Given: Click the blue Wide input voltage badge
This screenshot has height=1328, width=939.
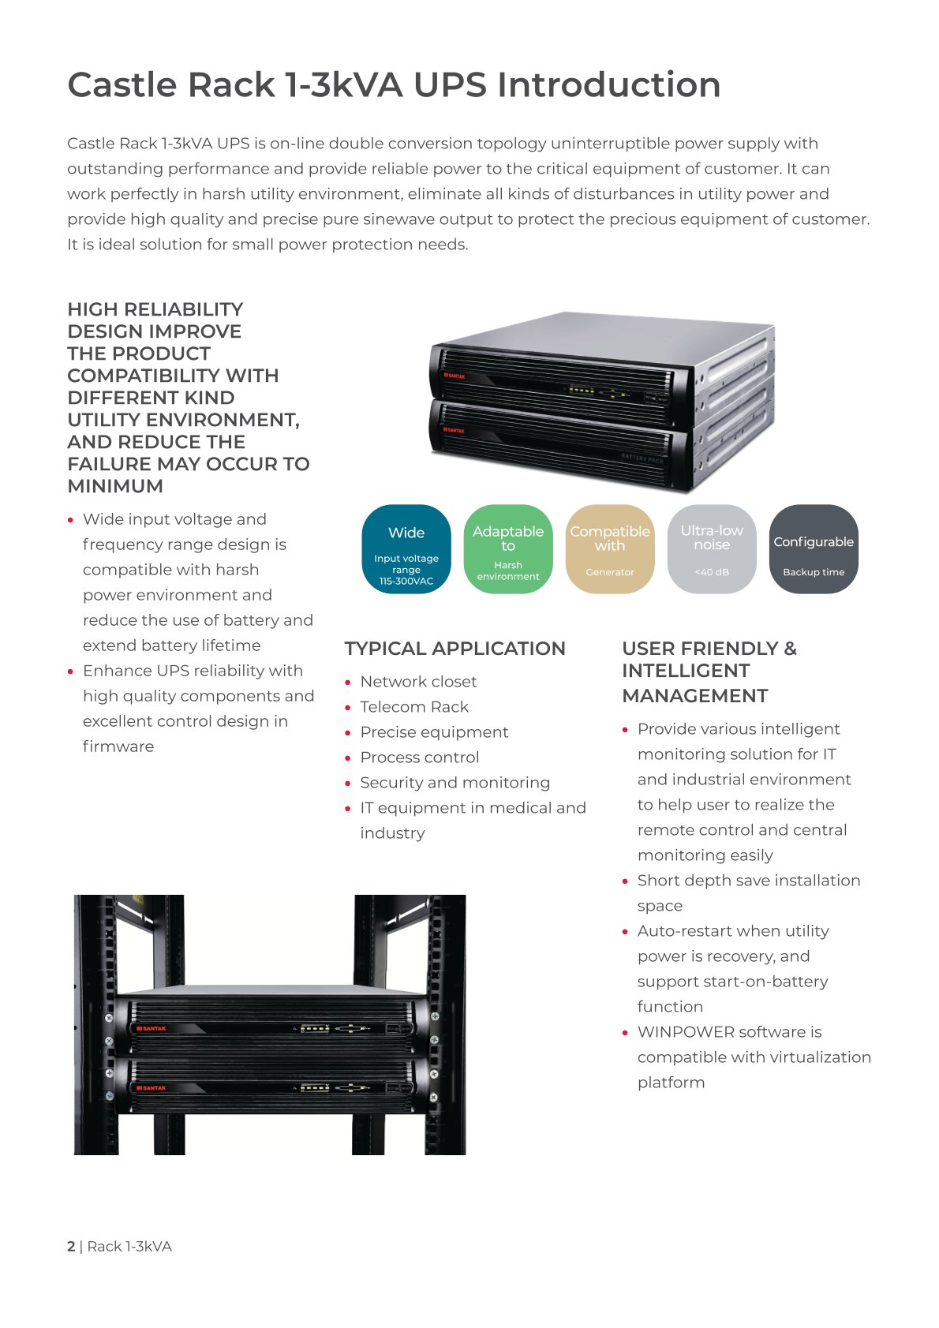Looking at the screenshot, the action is (x=406, y=549).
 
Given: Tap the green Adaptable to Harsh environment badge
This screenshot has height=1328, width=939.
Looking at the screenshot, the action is (x=508, y=549).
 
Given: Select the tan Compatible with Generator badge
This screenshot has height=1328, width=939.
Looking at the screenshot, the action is (x=610, y=549).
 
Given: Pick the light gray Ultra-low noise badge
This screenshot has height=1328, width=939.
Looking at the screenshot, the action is (x=712, y=549).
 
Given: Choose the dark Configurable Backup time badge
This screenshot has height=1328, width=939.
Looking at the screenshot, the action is (x=814, y=549).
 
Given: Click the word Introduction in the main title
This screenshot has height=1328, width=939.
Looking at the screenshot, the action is (x=609, y=84).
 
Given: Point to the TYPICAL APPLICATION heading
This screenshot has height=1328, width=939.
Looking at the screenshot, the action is (x=455, y=649).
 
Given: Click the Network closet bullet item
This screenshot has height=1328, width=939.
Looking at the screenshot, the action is (x=418, y=682).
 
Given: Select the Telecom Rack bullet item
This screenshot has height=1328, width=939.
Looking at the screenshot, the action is (x=413, y=707).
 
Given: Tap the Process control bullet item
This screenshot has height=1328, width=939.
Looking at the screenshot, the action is (x=420, y=758).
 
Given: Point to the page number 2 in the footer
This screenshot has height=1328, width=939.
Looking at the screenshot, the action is (x=71, y=1246).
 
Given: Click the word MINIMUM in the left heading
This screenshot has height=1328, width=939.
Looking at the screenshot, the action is (x=115, y=486).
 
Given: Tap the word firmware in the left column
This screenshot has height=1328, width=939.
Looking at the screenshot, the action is (x=118, y=746).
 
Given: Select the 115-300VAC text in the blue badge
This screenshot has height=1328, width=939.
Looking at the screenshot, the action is (x=406, y=581).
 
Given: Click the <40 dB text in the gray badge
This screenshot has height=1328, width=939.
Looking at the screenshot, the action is (x=712, y=572).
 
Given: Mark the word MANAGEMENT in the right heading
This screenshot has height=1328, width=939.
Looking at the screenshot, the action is (x=694, y=696).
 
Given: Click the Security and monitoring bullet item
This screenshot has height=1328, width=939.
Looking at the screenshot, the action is (x=455, y=783).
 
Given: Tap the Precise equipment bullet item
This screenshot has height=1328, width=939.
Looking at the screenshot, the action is (x=434, y=733).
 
